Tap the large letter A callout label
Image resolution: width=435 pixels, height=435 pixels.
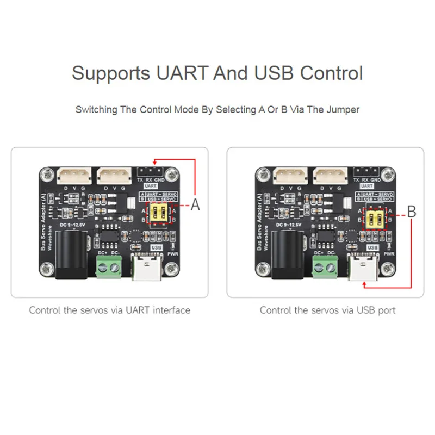[196, 205]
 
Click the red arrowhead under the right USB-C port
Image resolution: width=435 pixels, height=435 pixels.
[361, 284]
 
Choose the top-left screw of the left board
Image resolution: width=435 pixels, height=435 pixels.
[46, 175]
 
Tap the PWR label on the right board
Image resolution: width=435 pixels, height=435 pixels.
[389, 253]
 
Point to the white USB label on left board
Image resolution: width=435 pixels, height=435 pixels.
[158, 247]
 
